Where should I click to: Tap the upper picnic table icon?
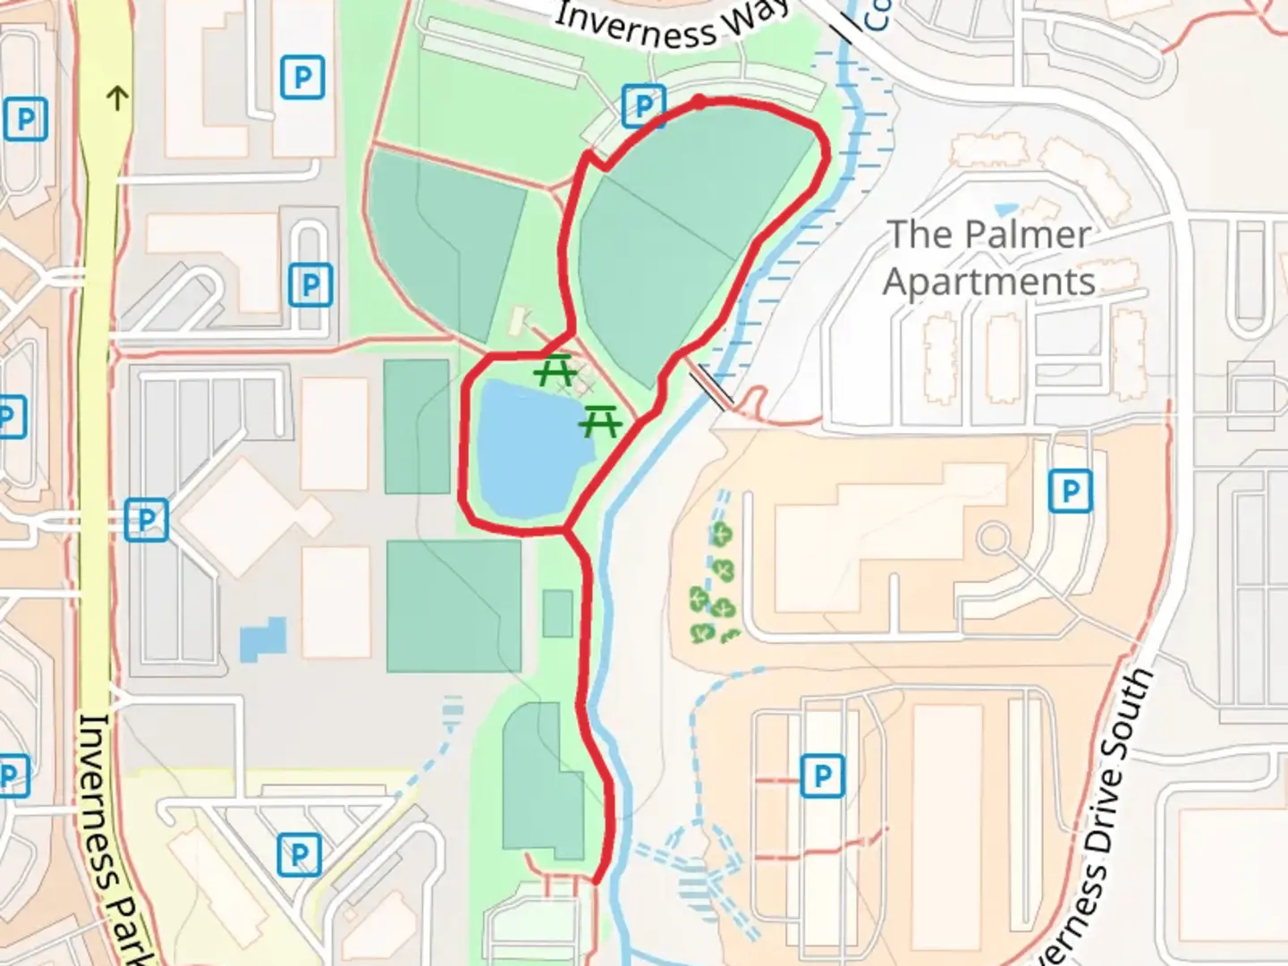(555, 369)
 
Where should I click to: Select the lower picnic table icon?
(600, 419)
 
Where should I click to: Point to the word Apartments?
(989, 282)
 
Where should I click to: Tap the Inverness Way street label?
(670, 23)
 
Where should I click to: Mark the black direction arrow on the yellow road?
(117, 97)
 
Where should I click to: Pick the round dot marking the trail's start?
(699, 102)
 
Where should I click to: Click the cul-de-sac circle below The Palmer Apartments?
(992, 539)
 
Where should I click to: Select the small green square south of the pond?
(557, 614)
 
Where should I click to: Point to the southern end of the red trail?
(597, 879)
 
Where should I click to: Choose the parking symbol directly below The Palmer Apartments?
(1070, 491)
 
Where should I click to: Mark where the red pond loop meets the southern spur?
(566, 531)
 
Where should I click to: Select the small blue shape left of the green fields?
(263, 639)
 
